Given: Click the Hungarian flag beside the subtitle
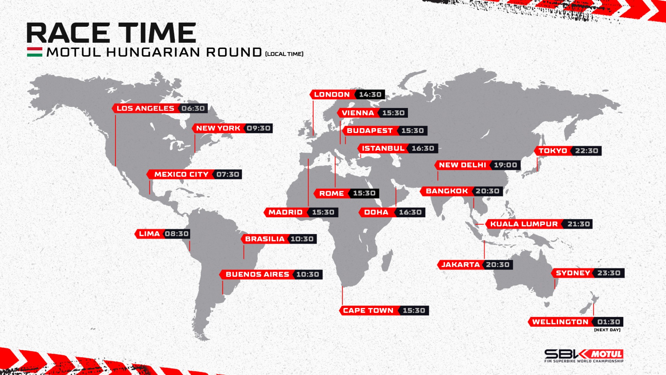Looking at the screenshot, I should [x=35, y=52].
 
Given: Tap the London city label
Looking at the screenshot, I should [x=332, y=95].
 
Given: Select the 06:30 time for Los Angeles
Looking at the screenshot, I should [x=193, y=108].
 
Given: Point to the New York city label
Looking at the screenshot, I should [x=218, y=128].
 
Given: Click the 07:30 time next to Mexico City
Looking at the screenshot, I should [x=228, y=174].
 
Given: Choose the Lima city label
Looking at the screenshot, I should [x=149, y=234].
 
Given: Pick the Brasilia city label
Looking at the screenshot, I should [x=265, y=239].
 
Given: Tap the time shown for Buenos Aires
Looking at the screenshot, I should [x=308, y=275].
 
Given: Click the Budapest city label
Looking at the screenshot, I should [x=370, y=131].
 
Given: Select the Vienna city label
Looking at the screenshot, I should [x=358, y=113].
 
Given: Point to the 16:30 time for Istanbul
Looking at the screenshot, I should [x=423, y=148].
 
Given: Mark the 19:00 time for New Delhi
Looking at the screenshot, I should [x=505, y=165].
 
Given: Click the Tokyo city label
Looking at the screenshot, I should [x=553, y=151].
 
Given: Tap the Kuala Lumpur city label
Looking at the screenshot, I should [x=524, y=224].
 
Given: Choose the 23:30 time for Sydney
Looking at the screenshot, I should [x=609, y=273].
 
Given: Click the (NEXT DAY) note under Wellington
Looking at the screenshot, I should [x=607, y=330].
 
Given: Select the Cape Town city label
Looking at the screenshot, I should [x=368, y=311].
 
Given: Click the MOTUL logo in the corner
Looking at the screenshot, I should [x=606, y=354].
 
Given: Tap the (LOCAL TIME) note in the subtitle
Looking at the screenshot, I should [x=284, y=54].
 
